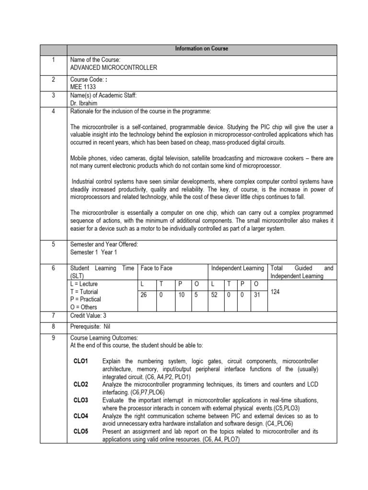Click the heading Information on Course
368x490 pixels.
coord(202,49)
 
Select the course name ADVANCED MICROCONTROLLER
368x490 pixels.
coord(113,68)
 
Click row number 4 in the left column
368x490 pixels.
coord(54,111)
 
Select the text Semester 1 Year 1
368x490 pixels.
coord(93,252)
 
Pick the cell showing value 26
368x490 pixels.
coord(144,295)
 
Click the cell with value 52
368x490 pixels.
coord(214,295)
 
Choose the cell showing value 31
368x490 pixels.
coord(257,295)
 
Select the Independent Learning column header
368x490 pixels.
coord(237,268)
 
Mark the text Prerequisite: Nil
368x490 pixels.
coord(91,326)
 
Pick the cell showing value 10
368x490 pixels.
coord(181,295)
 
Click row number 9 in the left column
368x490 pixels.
coord(54,337)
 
